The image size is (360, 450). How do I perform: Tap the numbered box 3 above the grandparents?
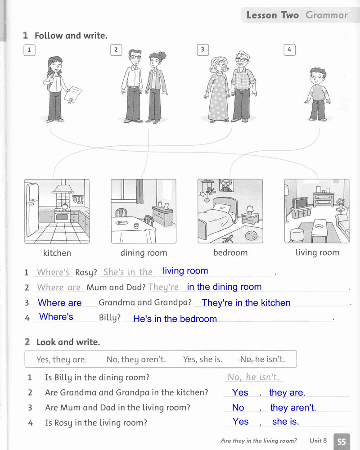tap(202, 50)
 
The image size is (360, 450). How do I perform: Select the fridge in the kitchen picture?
tap(31, 210)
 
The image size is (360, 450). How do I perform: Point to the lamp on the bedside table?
tap(250, 210)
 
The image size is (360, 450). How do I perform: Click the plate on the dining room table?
tap(121, 223)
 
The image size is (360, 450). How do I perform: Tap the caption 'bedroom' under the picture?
tap(230, 252)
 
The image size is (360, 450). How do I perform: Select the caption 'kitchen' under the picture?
tap(57, 253)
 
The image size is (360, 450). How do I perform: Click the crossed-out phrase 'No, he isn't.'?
tap(262, 359)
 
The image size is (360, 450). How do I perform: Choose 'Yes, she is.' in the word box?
tap(202, 359)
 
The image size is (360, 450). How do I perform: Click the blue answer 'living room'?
tap(185, 270)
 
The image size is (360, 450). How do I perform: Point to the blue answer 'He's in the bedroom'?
tap(175, 319)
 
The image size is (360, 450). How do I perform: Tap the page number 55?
tap(342, 441)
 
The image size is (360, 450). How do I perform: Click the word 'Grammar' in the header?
tap(326, 15)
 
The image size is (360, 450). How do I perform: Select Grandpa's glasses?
tap(242, 60)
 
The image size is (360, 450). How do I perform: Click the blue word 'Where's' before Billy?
tap(56, 316)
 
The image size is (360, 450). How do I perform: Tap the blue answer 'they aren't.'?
tap(293, 408)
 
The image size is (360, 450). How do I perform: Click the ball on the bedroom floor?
tap(251, 236)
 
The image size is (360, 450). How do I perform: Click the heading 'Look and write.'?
tap(68, 342)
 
